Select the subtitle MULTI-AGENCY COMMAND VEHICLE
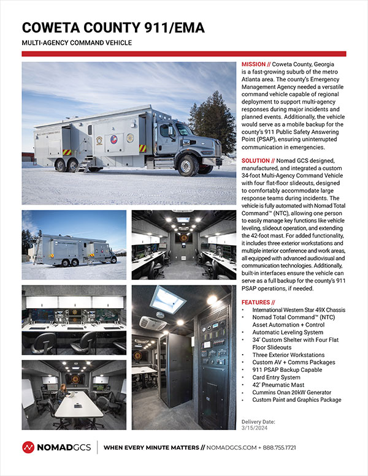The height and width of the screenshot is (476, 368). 76,43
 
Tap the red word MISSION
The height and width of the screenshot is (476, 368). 253,64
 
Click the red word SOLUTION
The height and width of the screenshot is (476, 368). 256,160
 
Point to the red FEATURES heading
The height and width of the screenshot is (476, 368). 258,302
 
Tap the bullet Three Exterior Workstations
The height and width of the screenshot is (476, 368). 288,355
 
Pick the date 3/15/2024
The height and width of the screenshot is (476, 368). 255,429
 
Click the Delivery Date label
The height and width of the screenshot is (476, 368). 258,422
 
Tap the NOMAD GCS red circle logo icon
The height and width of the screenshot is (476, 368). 28,448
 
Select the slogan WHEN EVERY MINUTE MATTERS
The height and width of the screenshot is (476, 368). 154,448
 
